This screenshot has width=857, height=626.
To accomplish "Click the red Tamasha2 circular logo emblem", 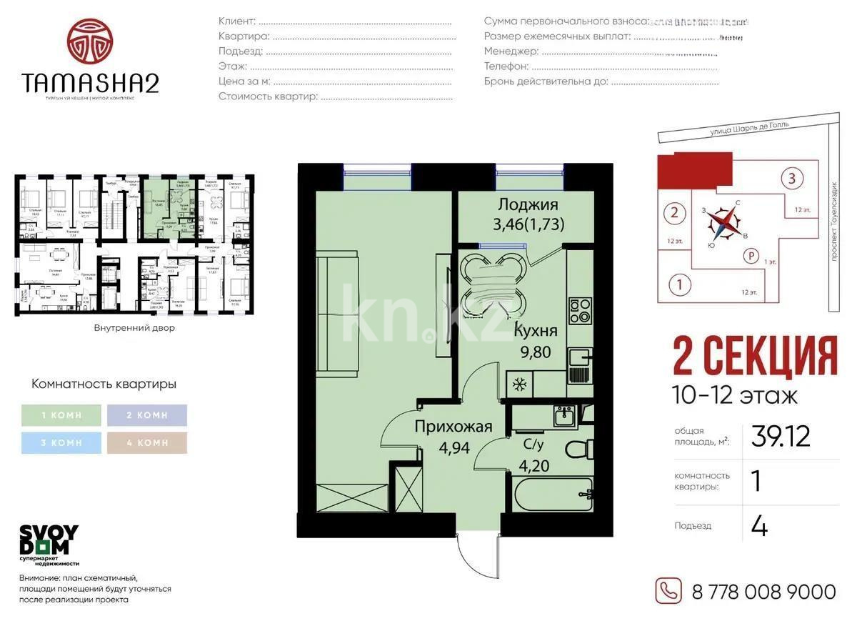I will [91, 41].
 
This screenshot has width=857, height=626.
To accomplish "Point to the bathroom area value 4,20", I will [533, 467].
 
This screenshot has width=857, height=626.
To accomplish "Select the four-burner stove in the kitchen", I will [579, 310].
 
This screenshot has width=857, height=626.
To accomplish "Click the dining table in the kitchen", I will [493, 284].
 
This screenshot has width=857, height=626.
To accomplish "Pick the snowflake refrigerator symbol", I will [519, 384].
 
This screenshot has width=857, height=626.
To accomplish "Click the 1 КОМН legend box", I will [61, 415].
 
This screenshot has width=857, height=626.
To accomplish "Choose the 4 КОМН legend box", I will [146, 442].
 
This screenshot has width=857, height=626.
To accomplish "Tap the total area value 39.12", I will [780, 436].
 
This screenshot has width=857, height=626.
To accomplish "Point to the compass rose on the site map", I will [726, 223].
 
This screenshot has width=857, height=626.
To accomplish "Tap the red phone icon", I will [669, 590].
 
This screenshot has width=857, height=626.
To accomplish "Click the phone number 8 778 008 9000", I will [763, 592].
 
